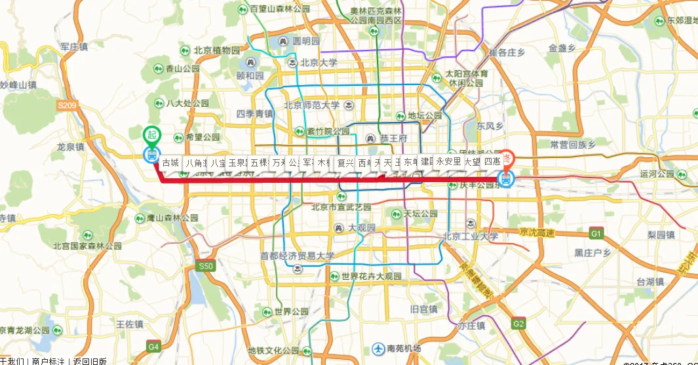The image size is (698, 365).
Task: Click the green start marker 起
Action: tap(152, 134)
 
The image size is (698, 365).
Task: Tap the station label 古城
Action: tap(170, 162)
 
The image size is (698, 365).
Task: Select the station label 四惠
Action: tap(492, 161)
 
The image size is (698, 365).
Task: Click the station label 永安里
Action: tap(448, 161)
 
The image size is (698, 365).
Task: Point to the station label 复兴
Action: tap(345, 162)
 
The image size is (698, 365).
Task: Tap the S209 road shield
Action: tap(67, 105)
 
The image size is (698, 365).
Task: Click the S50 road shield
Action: tap(206, 266)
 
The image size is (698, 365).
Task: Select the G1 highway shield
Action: tap(596, 233)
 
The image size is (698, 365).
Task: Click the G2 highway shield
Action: tap(519, 323)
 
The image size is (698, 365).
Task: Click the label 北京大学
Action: tap(319, 63)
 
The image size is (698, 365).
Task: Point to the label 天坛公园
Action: tap(420, 214)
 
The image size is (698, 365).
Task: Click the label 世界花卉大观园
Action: tap(371, 277)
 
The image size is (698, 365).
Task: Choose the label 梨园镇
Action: tap(661, 234)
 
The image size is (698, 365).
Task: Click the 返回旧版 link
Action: tap(90, 361)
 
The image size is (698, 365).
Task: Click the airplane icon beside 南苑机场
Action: tap(378, 349)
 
